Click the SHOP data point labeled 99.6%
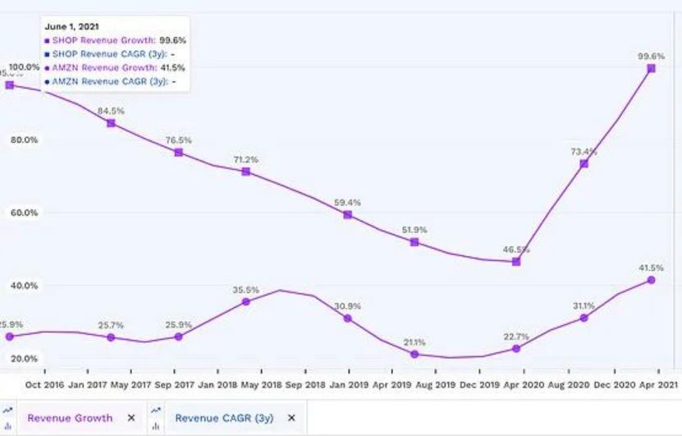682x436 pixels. pyautogui.click(x=651, y=68)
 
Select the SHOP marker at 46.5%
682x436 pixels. pyautogui.click(x=515, y=261)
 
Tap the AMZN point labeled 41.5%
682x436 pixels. pyautogui.click(x=651, y=280)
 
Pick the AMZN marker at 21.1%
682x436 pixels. pyautogui.click(x=414, y=354)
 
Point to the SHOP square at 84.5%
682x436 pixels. pyautogui.click(x=111, y=123)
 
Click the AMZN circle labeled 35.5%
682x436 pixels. pyautogui.click(x=245, y=302)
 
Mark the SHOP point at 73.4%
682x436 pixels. pyautogui.click(x=584, y=164)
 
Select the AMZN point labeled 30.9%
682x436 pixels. pyautogui.click(x=347, y=318)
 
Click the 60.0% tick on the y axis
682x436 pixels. pyautogui.click(x=25, y=213)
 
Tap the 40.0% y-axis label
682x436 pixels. pyautogui.click(x=25, y=286)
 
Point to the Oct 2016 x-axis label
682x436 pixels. pyautogui.click(x=44, y=383)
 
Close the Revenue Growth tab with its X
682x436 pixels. pyautogui.click(x=130, y=418)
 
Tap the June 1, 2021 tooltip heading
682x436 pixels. pyautogui.click(x=73, y=26)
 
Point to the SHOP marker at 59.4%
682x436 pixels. pyautogui.click(x=347, y=214)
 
